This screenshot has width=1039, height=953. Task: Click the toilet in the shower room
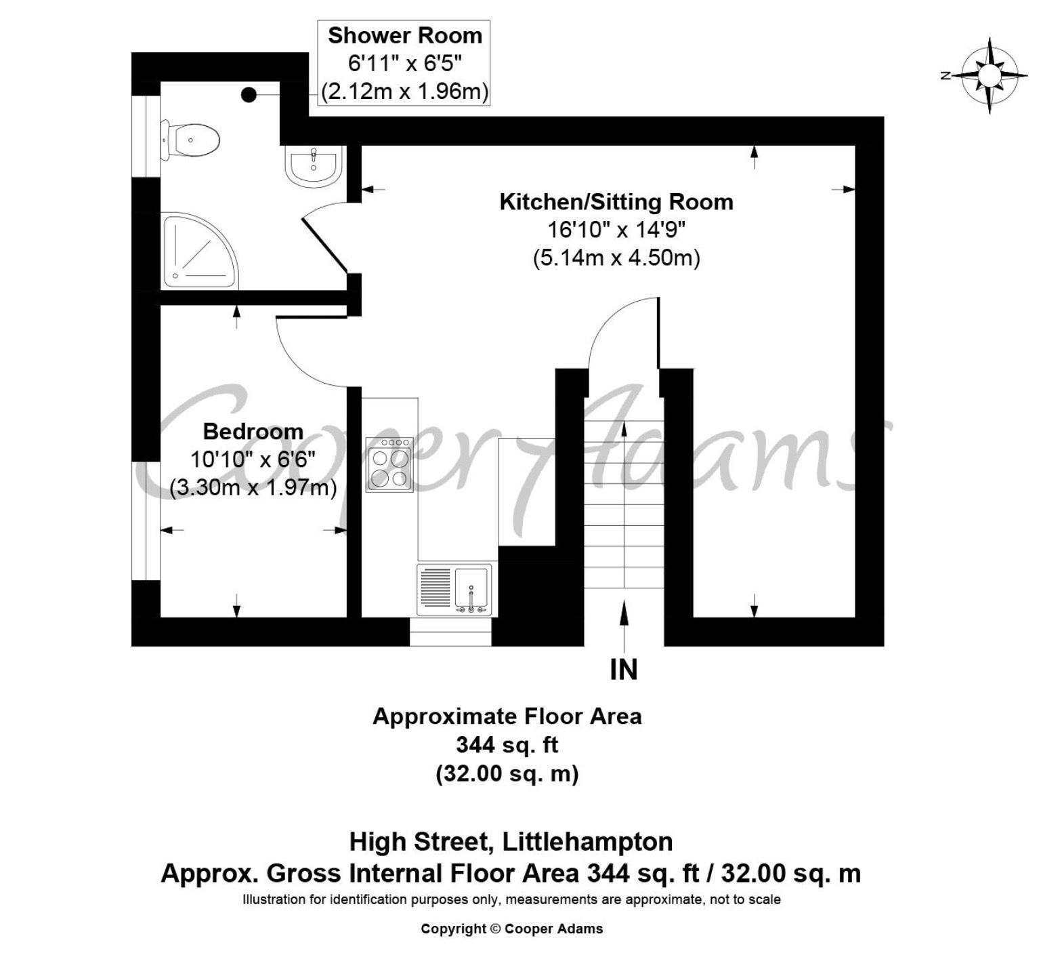190,140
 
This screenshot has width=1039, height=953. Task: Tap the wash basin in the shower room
313,166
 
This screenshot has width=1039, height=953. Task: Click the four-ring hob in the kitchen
389,464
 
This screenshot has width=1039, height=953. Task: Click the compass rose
989,76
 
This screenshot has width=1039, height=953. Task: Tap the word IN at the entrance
624,670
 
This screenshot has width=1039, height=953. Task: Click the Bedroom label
253,431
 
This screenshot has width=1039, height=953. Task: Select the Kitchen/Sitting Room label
616,202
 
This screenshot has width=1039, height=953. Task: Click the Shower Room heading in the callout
405,36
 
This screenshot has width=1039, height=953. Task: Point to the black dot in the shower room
249,94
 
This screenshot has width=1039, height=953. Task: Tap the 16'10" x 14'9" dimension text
616,229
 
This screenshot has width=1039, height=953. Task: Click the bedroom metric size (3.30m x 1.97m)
253,488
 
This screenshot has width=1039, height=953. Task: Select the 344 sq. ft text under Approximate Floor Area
507,745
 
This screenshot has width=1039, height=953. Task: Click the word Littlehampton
588,842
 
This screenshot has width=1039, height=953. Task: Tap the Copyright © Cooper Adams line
512,929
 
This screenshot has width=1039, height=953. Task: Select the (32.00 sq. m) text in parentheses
507,773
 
